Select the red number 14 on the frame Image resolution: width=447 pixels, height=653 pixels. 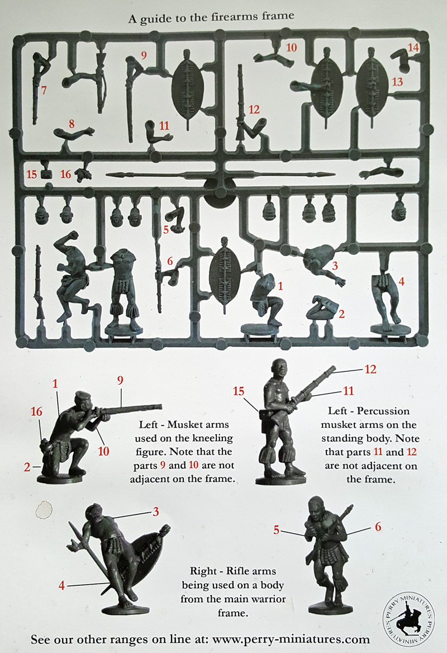tap(413, 48)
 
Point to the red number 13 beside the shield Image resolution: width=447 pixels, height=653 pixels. tap(397, 81)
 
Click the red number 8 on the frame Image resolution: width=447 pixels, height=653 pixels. tap(72, 124)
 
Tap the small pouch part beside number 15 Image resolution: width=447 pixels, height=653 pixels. tap(46, 174)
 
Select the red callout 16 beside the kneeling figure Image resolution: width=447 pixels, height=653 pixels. tap(36, 411)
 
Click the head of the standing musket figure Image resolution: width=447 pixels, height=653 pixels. tap(278, 369)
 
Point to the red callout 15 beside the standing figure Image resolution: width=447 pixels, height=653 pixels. tap(239, 391)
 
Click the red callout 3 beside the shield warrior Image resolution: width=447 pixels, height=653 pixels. tap(156, 512)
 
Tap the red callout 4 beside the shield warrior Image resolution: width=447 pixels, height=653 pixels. tap(61, 585)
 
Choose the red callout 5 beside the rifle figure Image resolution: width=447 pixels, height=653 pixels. tap(277, 530)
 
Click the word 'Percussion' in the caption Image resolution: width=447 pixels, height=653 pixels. tap(383, 411)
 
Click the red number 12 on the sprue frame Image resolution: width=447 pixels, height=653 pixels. tap(254, 110)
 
